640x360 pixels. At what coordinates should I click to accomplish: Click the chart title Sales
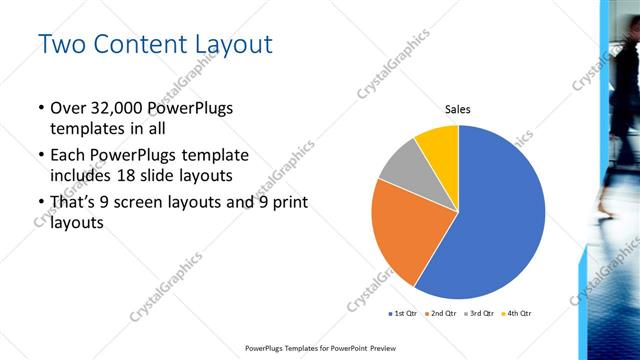click(457, 109)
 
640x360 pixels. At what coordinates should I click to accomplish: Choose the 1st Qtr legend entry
click(403, 314)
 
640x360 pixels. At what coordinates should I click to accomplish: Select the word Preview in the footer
click(376, 349)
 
